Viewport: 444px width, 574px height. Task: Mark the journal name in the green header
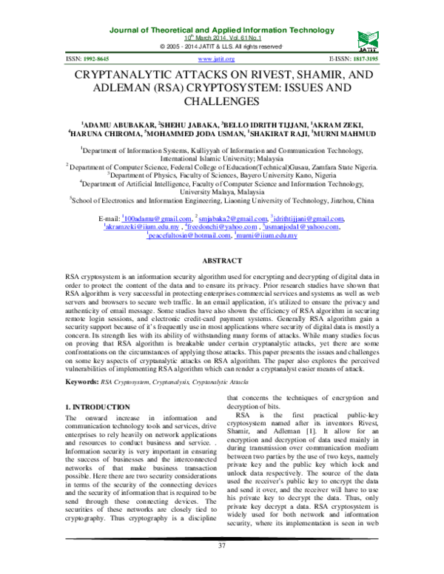pyautogui.click(x=222, y=29)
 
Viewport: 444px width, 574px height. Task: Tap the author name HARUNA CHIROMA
pyautogui.click(x=104, y=134)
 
